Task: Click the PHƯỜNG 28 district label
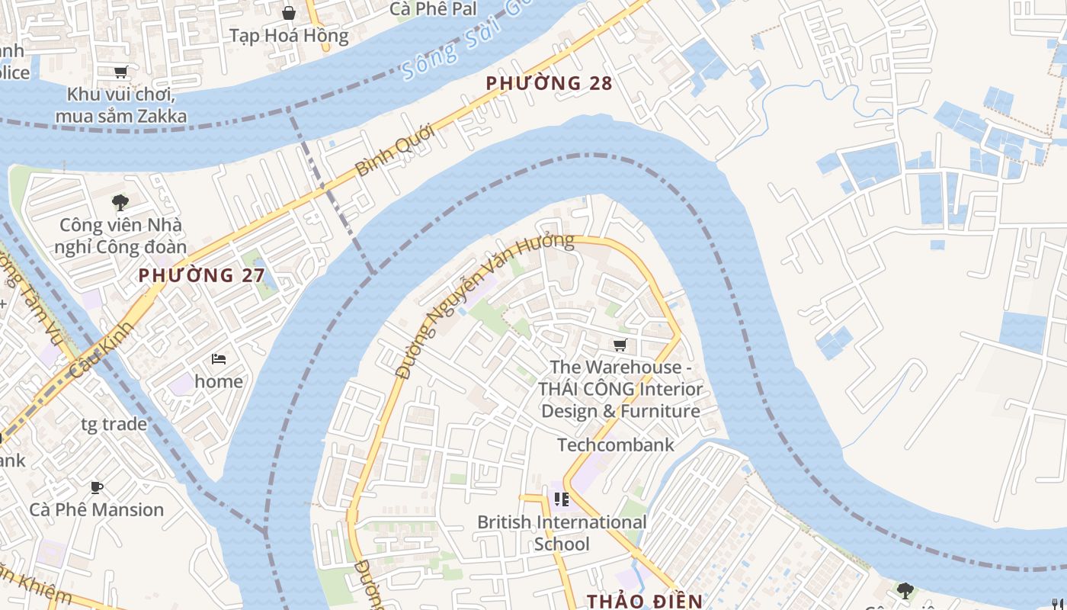549,83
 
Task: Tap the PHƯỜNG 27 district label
201,275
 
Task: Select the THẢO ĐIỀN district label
645,601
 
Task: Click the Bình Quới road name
395,150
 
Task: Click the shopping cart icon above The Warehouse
620,345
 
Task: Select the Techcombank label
616,445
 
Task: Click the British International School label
562,533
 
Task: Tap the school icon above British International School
562,499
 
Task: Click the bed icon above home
219,358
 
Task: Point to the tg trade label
114,424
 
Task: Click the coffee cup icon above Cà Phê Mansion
97,487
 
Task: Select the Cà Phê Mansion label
97,509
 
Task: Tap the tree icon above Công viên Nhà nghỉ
120,202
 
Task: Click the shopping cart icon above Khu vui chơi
120,72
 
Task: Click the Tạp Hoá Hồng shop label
289,36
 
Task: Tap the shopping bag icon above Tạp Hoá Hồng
289,13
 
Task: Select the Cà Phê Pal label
433,9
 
